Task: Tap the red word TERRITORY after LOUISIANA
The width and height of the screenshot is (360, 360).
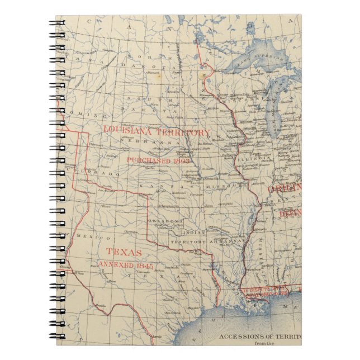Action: [184, 133]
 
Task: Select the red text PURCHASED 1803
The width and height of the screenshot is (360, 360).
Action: [158, 159]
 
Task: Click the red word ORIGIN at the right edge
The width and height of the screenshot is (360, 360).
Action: [286, 188]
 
